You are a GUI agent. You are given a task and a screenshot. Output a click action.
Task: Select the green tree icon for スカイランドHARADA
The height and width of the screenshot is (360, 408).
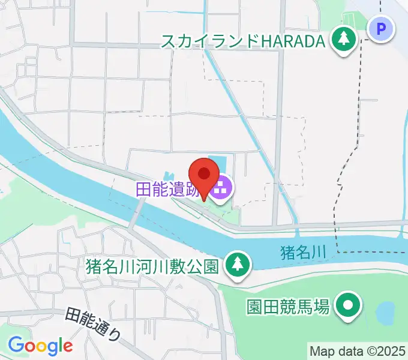(x=343, y=40)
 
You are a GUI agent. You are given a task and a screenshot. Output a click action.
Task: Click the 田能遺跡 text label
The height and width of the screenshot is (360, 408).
(x=170, y=189)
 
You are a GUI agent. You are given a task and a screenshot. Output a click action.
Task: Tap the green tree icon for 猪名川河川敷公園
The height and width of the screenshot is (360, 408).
(x=238, y=263)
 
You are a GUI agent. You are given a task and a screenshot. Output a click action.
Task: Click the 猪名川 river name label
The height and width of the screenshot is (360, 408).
(x=303, y=253)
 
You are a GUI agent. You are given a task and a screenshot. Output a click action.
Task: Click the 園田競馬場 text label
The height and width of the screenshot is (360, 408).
(x=289, y=307)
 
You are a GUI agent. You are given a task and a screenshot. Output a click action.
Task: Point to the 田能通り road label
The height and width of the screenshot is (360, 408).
(x=92, y=324)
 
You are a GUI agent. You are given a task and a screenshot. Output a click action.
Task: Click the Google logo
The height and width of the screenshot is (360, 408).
(x=40, y=345)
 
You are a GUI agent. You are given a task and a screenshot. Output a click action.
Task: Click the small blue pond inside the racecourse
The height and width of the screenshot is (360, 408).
(x=385, y=312)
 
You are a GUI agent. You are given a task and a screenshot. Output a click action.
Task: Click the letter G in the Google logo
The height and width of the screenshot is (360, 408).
(x=16, y=344)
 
